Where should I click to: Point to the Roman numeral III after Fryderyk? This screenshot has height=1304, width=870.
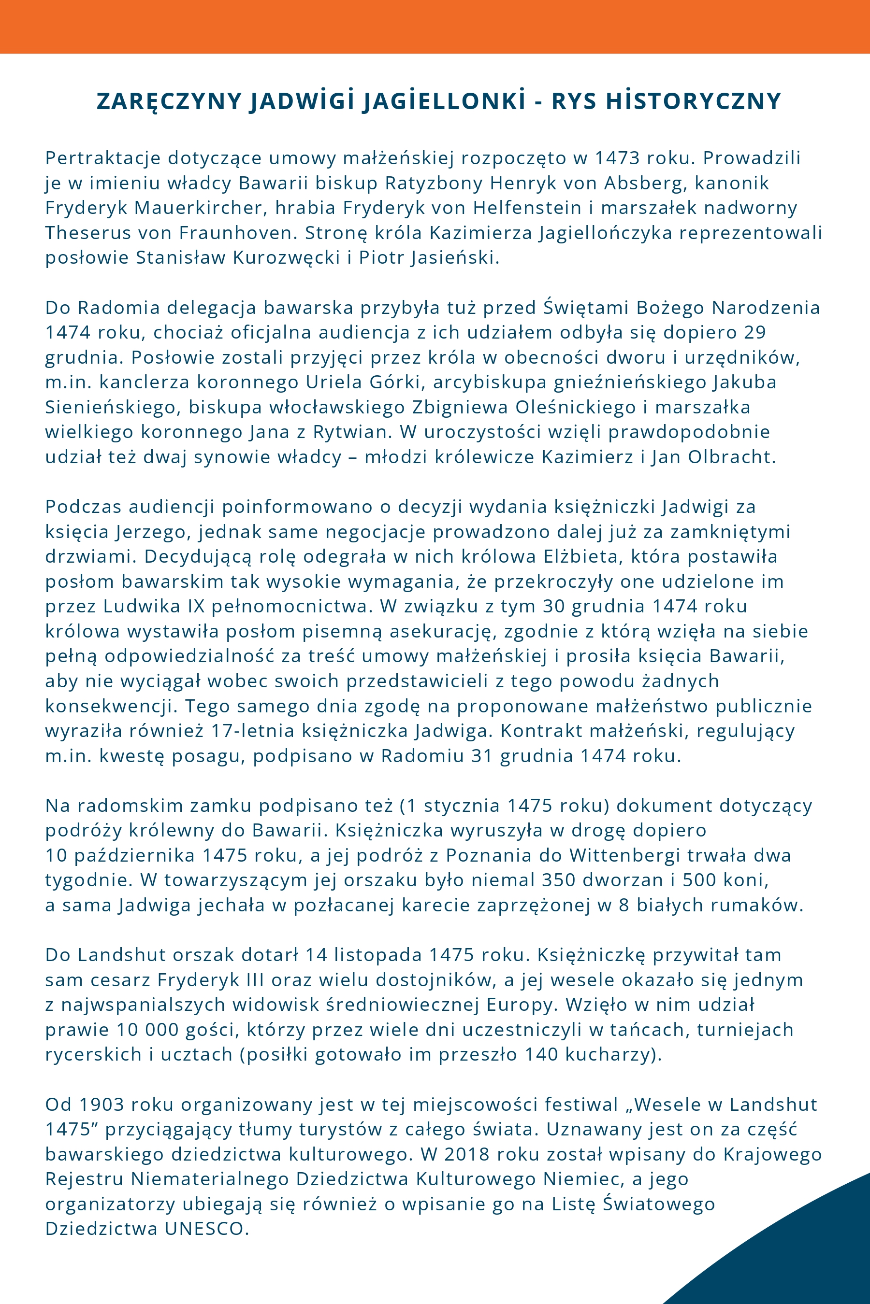(255, 980)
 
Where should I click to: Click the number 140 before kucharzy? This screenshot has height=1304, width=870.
(541, 1054)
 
